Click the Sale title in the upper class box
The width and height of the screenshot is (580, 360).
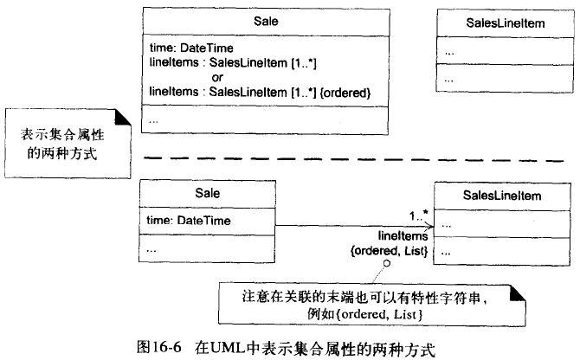[x=259, y=19]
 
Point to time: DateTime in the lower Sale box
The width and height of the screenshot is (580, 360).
[x=188, y=222]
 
